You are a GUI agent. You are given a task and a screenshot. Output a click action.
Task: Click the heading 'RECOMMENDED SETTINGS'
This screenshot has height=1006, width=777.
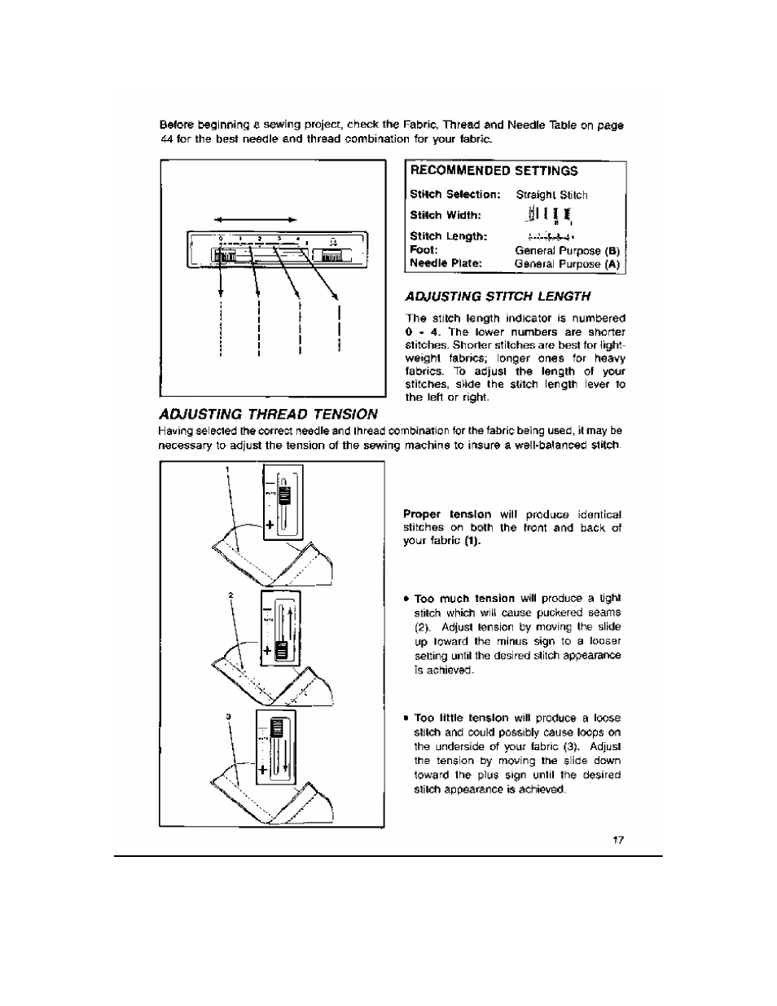point(494,171)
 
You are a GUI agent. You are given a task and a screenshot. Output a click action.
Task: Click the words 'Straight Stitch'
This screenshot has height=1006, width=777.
point(551,195)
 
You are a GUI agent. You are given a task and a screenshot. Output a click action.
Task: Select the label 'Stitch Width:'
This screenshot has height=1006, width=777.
point(446,216)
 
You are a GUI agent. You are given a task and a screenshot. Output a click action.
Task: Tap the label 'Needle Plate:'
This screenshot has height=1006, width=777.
point(446,263)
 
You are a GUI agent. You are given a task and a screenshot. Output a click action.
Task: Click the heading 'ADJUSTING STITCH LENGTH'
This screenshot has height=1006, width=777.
point(498,296)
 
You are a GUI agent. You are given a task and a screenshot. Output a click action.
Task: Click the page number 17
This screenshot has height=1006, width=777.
point(617,840)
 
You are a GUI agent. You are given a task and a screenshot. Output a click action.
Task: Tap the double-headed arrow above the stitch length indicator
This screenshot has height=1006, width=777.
point(256,219)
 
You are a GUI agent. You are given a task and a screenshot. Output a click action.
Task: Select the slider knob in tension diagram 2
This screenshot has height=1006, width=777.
point(281,649)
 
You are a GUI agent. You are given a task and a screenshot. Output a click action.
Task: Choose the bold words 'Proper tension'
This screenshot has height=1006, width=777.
point(447,514)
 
